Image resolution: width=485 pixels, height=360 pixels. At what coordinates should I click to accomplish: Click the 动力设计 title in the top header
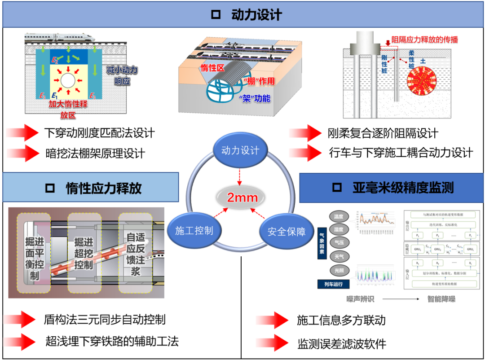(256, 15)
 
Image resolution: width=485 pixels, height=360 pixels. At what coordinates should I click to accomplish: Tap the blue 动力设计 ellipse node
(240, 150)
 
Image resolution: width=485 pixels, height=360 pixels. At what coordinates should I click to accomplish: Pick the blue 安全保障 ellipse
(286, 232)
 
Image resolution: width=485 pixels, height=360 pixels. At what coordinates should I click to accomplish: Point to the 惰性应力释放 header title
(104, 188)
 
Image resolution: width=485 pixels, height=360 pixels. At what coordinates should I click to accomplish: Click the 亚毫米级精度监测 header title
(403, 188)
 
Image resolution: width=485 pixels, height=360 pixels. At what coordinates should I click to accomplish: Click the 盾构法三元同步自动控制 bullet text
(105, 320)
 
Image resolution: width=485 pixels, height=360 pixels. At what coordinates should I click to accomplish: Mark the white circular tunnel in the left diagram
(68, 81)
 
